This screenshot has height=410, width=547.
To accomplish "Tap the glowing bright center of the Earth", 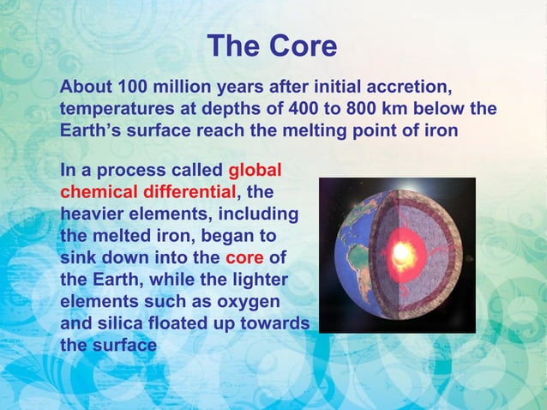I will pyautogui.click(x=400, y=252).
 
